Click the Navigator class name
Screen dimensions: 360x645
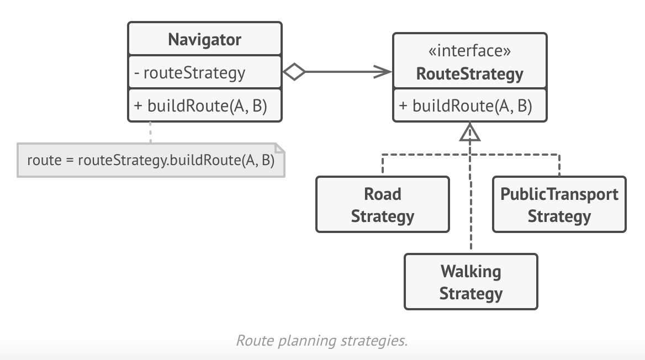pyautogui.click(x=204, y=40)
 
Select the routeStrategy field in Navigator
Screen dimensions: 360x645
pyautogui.click(x=194, y=72)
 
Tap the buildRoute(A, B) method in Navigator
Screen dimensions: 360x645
pyautogui.click(x=207, y=105)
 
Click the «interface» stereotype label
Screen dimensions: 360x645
pyautogui.click(x=469, y=51)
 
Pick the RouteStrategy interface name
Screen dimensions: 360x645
pyautogui.click(x=469, y=73)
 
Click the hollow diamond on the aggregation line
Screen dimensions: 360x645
pyautogui.click(x=294, y=72)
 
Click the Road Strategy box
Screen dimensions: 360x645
pyautogui.click(x=382, y=204)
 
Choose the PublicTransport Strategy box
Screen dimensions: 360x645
pyautogui.click(x=559, y=204)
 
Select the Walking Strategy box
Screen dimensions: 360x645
pyautogui.click(x=470, y=282)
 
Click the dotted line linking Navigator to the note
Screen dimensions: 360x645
pyautogui.click(x=150, y=133)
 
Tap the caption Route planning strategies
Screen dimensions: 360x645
pyautogui.click(x=321, y=340)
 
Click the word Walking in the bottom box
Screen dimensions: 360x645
pyautogui.click(x=470, y=272)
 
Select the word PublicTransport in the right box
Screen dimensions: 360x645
pyautogui.click(x=559, y=194)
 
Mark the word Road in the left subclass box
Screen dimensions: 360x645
pyautogui.click(x=382, y=194)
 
